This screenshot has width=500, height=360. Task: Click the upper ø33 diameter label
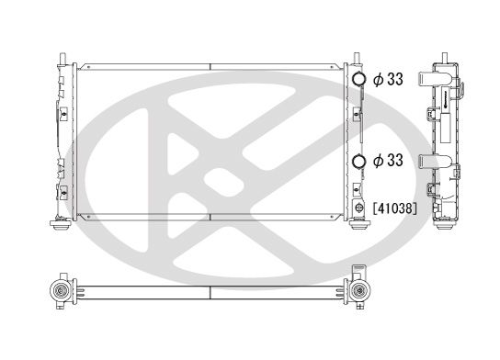(389, 80)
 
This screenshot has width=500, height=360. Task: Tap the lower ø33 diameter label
(389, 162)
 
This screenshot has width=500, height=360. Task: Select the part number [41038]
(396, 209)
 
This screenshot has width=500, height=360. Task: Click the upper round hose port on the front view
(358, 80)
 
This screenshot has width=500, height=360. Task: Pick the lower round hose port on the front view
(358, 162)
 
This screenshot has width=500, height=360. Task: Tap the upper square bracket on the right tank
(357, 115)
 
